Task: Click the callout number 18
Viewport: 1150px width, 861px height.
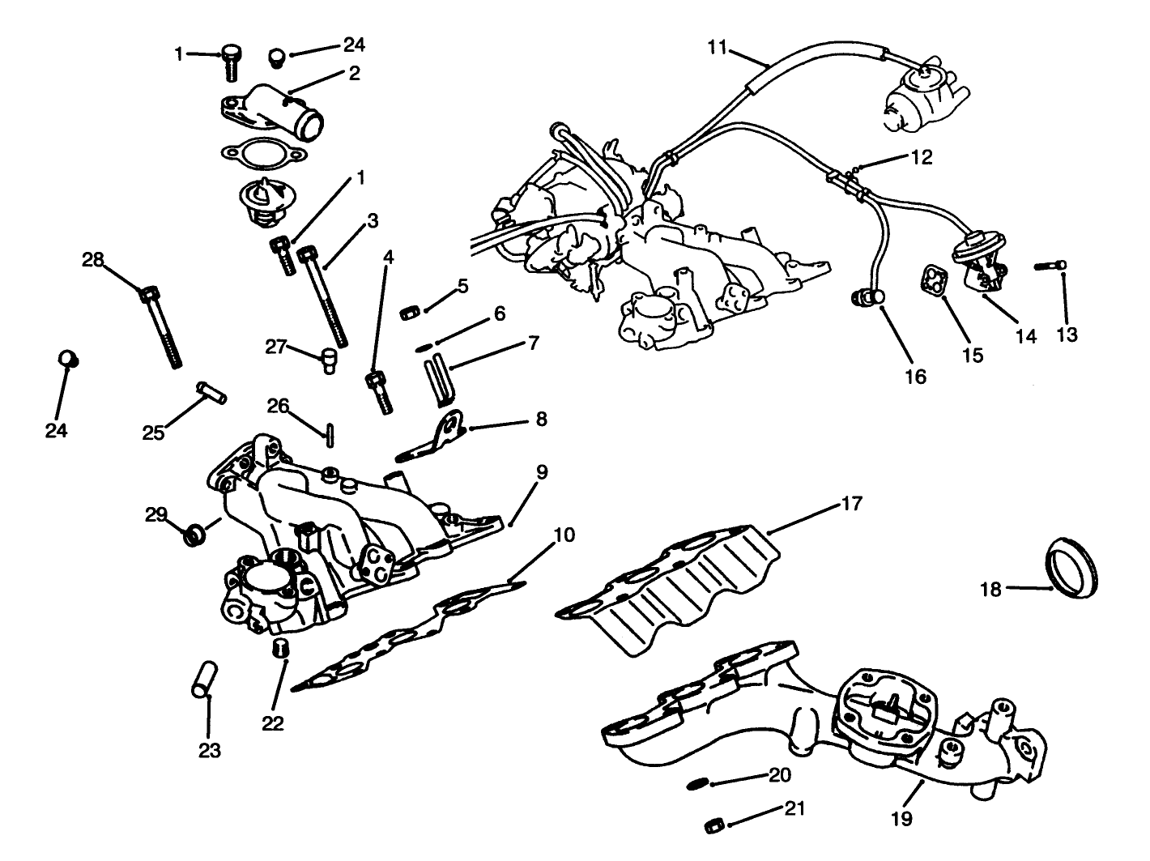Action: pos(991,589)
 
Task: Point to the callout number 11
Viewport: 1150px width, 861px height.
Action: pos(717,47)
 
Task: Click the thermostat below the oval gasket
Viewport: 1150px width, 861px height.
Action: pos(262,199)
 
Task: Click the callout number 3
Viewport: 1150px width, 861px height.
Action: pos(372,220)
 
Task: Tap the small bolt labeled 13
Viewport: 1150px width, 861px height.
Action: pos(1050,266)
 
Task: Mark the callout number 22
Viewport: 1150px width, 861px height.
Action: pos(273,723)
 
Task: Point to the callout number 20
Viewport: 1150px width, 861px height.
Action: pos(780,775)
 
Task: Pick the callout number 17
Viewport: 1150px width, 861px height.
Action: pos(851,504)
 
